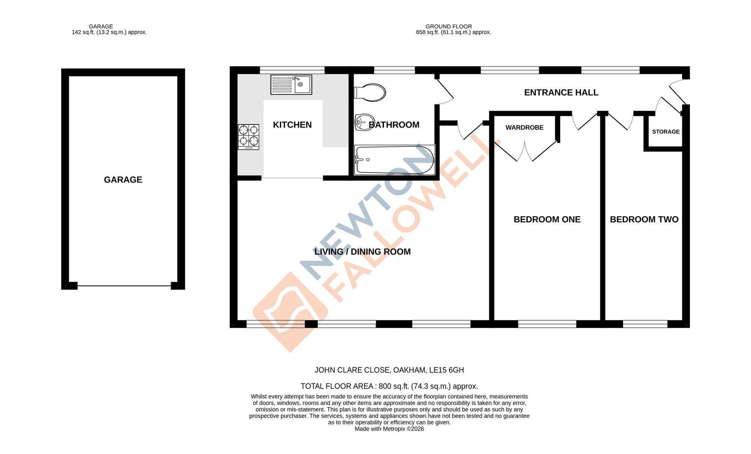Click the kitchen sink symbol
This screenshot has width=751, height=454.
coord(291,85)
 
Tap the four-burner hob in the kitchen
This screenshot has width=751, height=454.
coord(249,137)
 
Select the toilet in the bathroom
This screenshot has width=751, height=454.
coord(370,92)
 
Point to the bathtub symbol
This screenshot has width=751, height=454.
coord(394,160)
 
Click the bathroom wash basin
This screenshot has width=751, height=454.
coord(364,122)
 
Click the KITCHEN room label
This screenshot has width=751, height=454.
coord(292,125)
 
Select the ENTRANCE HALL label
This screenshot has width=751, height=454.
coord(561,93)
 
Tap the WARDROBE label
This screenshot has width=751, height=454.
coord(524,128)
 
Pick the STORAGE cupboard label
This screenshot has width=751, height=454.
coord(665,132)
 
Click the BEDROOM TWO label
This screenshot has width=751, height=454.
coord(644,219)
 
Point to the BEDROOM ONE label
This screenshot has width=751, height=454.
coord(547,219)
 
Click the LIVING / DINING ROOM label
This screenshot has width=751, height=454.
coord(362,252)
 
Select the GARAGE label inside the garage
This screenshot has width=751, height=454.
coord(123,180)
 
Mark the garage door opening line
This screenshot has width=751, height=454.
coord(124,286)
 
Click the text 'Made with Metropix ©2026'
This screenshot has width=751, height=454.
coord(389,429)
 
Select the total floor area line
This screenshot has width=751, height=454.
coord(389,386)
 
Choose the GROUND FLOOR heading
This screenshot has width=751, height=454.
coord(448,27)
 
